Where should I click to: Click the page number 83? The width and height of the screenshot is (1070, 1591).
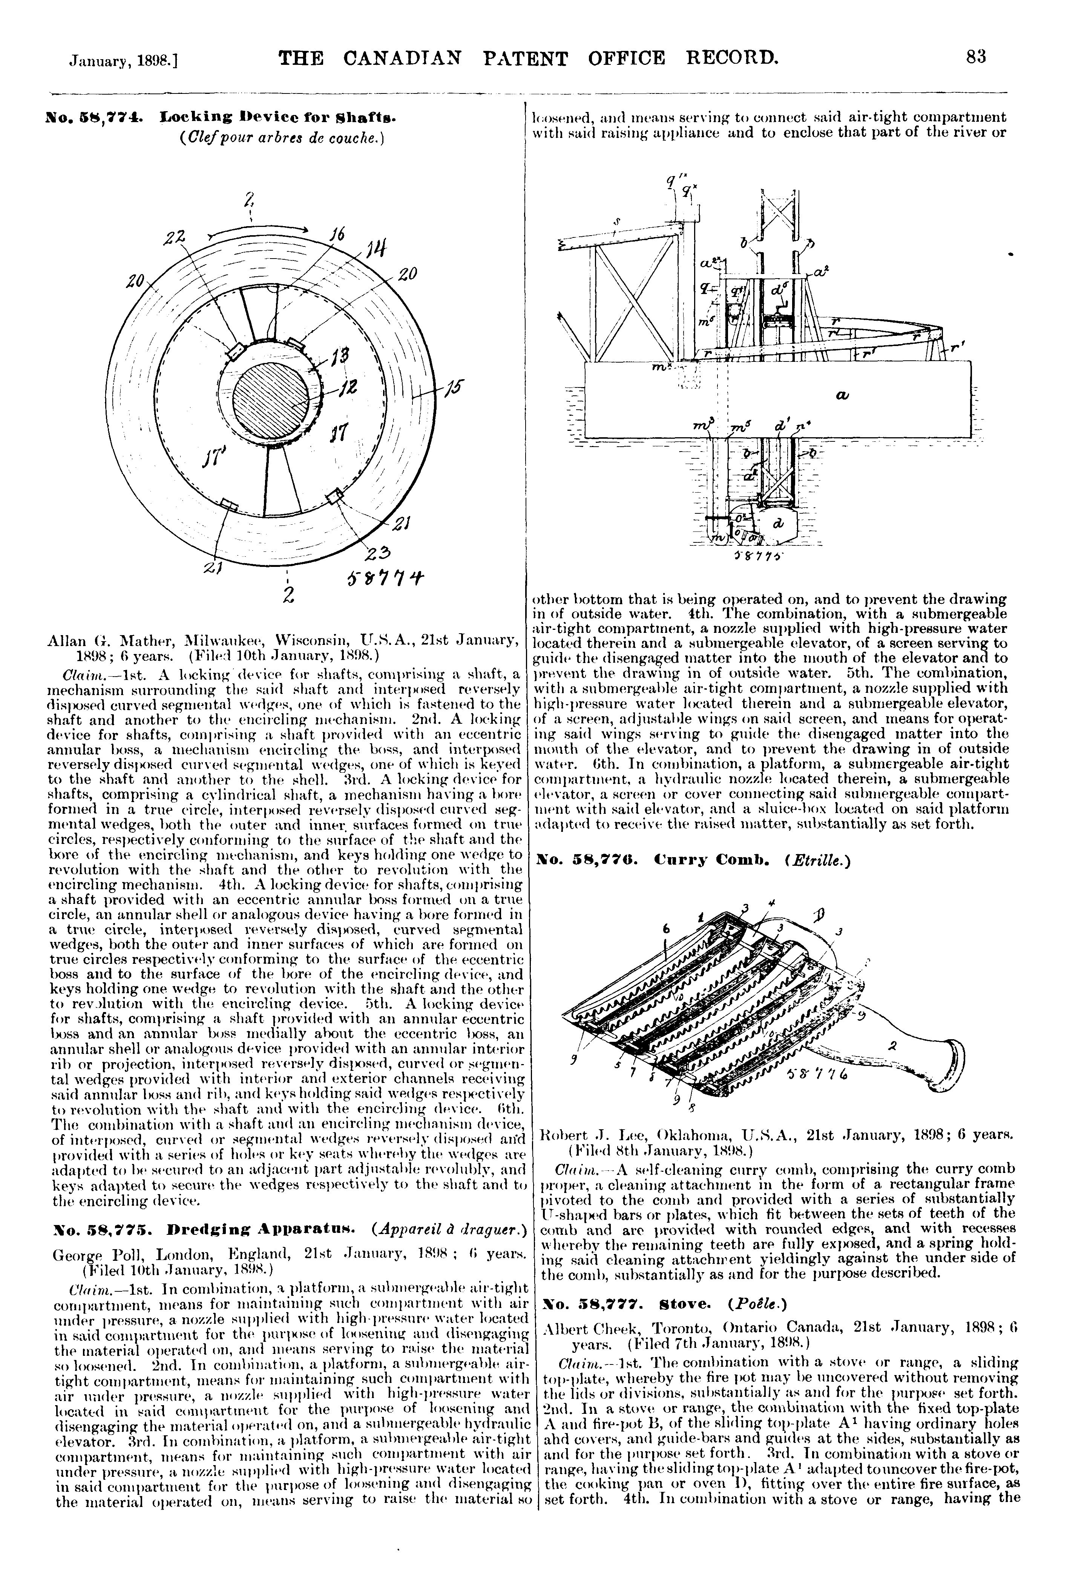click(976, 57)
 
